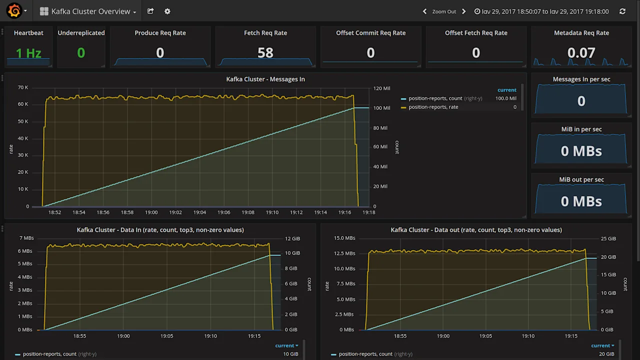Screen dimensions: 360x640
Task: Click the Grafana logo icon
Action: coord(14,11)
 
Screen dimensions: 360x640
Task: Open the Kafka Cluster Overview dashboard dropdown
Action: coord(88,11)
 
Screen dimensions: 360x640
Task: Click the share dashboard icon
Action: coord(150,11)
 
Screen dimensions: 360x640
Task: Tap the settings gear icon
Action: coord(167,11)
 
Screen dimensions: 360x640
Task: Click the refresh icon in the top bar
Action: coord(622,11)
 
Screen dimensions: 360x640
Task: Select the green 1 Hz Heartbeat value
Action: coord(28,53)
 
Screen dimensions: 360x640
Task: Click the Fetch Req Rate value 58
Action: coord(265,53)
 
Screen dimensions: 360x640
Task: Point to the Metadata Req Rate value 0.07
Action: coord(581,53)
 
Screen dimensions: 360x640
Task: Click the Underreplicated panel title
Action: coord(81,33)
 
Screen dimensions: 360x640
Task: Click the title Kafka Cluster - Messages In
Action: coord(265,79)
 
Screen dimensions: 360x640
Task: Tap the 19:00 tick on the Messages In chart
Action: coord(151,212)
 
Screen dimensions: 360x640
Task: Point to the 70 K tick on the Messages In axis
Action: coord(23,88)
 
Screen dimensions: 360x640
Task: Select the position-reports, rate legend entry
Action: coord(433,107)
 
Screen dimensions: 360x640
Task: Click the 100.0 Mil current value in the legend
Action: coord(505,98)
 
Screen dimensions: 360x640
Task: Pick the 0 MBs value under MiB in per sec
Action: coord(581,151)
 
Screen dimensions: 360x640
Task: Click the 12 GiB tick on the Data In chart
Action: coord(291,238)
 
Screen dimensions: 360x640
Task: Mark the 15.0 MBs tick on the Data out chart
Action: coord(344,238)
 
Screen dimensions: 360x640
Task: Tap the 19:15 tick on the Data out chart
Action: coord(571,336)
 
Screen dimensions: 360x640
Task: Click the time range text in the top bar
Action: coord(544,11)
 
